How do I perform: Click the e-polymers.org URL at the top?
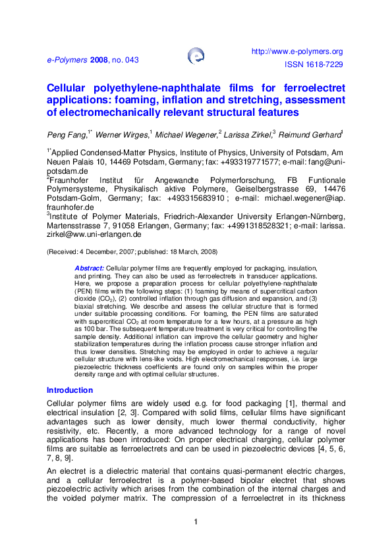(x=298, y=51)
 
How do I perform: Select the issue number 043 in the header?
(x=132, y=59)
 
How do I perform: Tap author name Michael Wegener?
(x=187, y=134)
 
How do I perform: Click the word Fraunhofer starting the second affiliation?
(x=73, y=180)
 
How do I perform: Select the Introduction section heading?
(x=70, y=390)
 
